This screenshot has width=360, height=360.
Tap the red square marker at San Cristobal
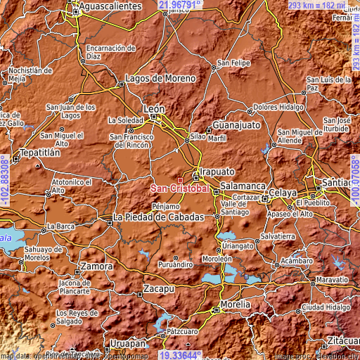[180, 180]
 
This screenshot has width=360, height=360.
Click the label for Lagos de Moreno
[160, 78]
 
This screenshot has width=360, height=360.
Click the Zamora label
[97, 267]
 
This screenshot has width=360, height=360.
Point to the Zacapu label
[158, 289]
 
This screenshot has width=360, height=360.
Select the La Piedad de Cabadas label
[159, 217]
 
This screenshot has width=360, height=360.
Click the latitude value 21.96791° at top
[180, 5]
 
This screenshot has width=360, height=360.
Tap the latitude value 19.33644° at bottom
[180, 355]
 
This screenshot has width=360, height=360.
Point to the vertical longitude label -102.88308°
[5, 180]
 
